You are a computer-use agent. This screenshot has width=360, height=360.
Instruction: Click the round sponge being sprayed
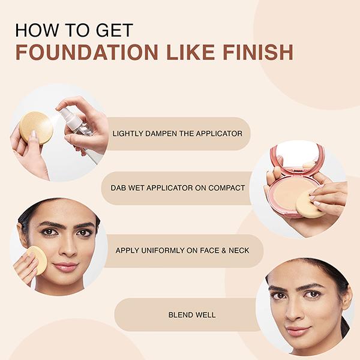click(35, 127)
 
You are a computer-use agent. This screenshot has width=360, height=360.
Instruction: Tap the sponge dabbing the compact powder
click(311, 204)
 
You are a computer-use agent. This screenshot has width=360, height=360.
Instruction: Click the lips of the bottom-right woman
click(298, 331)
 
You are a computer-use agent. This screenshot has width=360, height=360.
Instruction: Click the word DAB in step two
click(119, 188)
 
